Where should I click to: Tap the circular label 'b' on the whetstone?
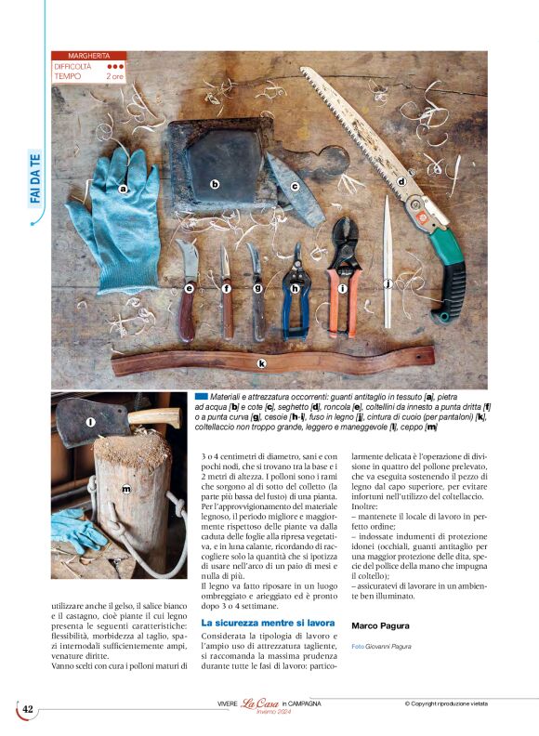coord(215,184)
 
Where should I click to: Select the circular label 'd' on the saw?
coord(402,182)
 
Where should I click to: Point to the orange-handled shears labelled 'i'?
coord(342,288)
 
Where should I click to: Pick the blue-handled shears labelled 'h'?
coord(296,289)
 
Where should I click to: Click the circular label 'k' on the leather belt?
coord(261,362)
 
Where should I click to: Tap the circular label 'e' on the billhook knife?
coord(189,289)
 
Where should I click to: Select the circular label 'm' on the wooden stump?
coord(125,488)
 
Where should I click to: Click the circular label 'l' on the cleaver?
coord(90,423)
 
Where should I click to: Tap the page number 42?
coord(28,709)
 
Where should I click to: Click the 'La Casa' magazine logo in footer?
coord(261,704)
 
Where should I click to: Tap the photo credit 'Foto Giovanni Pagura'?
coord(381,646)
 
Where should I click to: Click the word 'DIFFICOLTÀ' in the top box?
coord(73,67)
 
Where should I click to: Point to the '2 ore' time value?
coord(114,76)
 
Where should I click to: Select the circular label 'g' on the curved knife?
coord(257,289)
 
